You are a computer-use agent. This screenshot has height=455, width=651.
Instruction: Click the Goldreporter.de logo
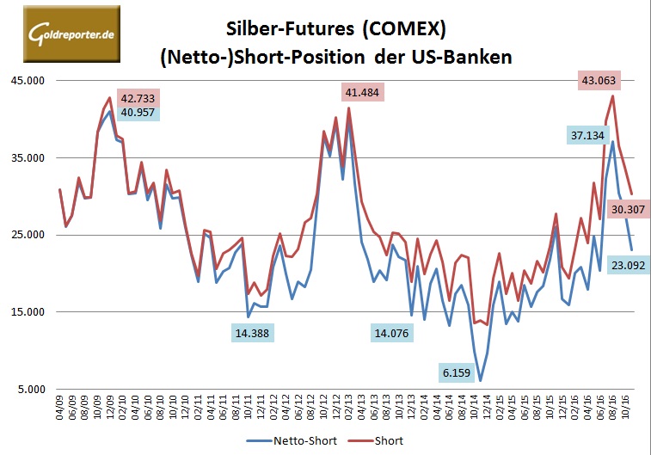coord(61,34)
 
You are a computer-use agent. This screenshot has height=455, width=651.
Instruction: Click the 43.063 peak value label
coord(599,81)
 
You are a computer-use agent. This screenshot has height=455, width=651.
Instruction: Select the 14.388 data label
coord(255,333)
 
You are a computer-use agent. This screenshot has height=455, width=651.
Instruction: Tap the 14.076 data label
coord(393,333)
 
